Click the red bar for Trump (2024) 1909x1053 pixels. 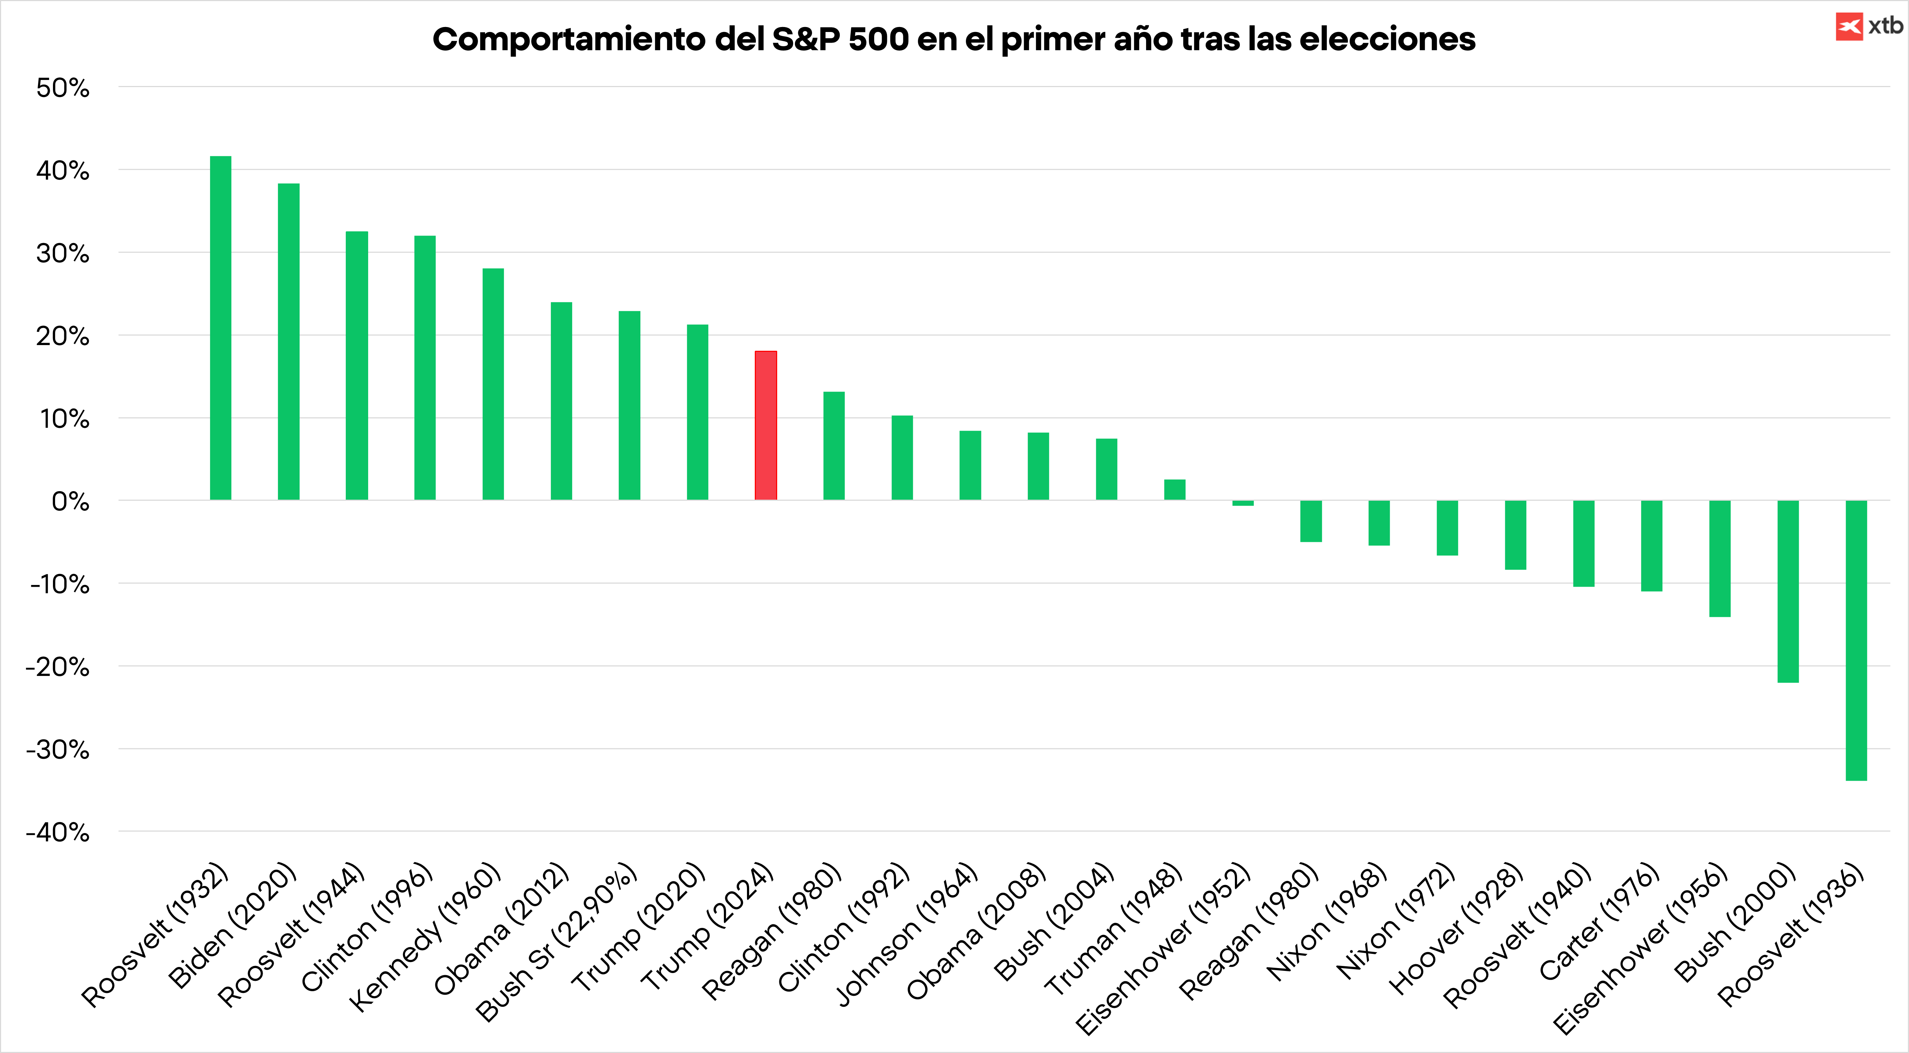pos(765,425)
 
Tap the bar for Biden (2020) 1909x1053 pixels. pos(288,342)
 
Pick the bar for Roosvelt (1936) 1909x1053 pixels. pos(1856,640)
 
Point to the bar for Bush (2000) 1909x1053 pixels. pos(1787,591)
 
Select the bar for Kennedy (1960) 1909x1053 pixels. pos(493,384)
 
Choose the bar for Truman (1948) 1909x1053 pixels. pos(1174,490)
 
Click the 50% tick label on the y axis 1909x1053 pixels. pos(63,88)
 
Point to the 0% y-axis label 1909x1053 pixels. pos(70,502)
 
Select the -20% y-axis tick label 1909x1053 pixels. pos(58,667)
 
